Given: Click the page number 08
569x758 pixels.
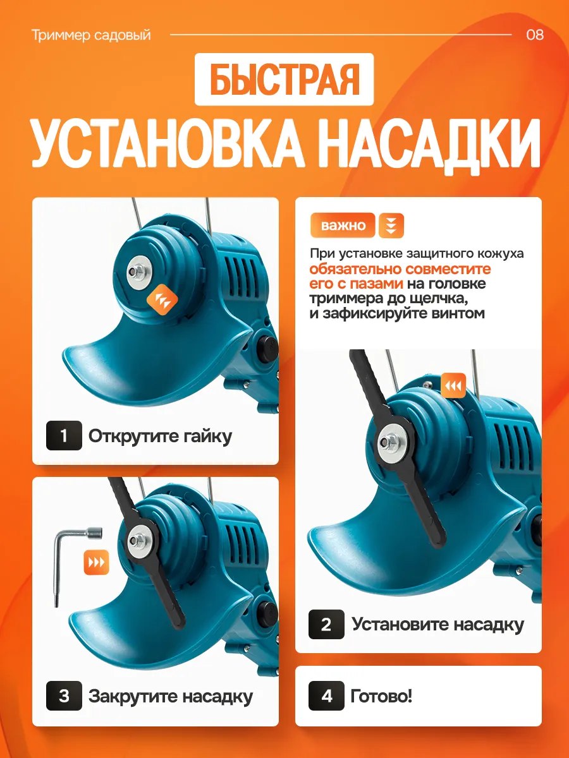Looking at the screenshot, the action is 535,35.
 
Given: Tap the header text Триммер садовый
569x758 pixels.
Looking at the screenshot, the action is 91,35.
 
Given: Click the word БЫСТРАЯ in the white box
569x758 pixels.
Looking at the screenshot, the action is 284,80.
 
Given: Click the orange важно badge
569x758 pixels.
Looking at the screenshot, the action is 343,225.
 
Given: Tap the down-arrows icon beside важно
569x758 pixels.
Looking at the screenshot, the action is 391,226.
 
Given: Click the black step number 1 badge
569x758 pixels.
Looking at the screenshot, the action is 64,435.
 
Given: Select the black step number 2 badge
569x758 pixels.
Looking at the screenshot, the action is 326,624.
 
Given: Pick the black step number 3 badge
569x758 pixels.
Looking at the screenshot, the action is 64,696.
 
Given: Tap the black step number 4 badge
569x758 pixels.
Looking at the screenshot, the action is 326,696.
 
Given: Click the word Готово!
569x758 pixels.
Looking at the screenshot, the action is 381,696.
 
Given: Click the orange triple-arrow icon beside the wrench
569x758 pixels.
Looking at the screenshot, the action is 96,563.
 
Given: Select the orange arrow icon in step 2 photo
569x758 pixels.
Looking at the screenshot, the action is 453,385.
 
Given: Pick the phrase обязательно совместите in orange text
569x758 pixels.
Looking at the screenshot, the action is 400,268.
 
